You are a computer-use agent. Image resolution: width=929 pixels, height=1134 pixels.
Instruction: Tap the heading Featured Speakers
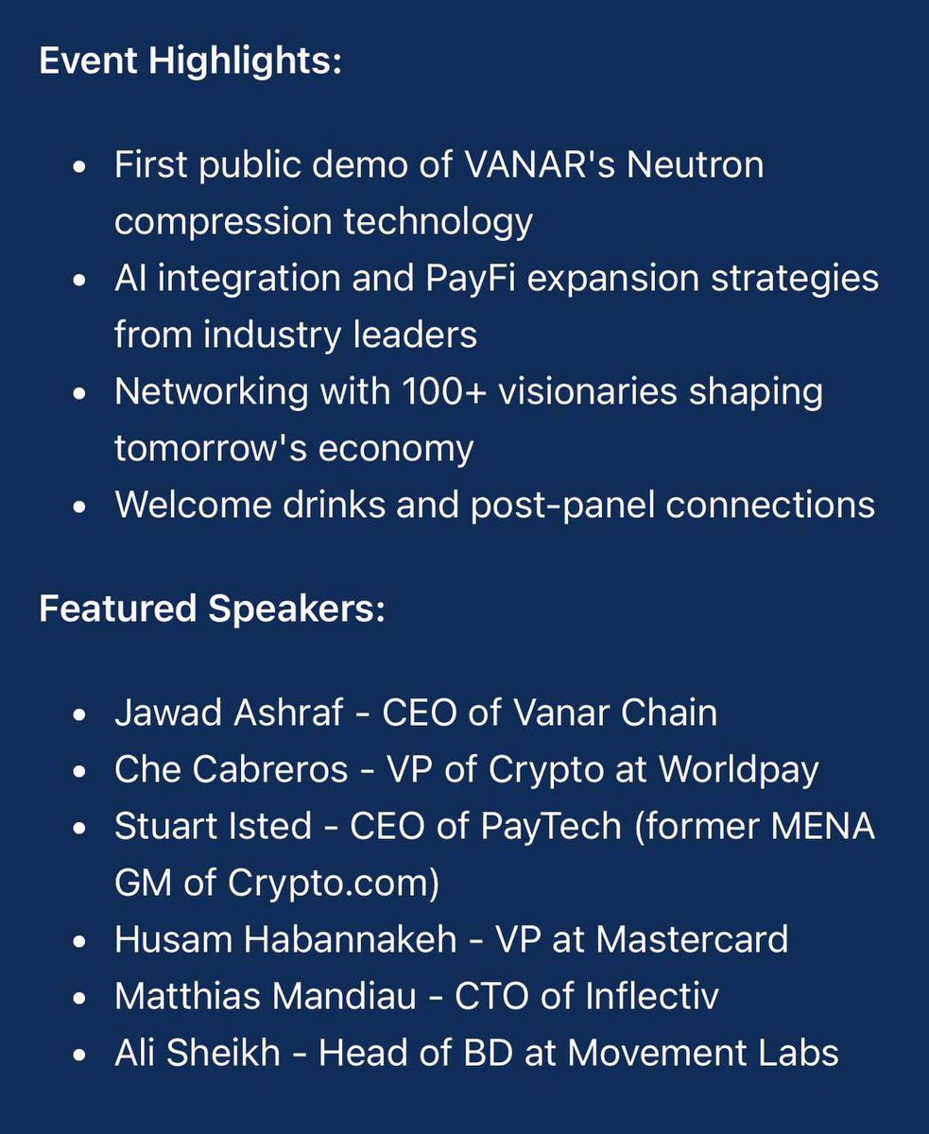tap(212, 609)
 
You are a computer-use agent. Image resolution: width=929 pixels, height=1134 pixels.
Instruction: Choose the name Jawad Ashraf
tap(228, 713)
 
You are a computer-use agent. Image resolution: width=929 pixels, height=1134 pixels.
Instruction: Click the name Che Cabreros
tap(232, 769)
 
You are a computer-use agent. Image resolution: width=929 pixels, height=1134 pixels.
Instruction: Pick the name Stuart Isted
tap(213, 826)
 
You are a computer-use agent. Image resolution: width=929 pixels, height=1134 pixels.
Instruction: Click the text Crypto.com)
tap(334, 883)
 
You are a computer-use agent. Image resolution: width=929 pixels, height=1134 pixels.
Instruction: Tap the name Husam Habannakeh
tap(285, 939)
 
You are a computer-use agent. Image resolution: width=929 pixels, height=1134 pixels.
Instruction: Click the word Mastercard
tap(692, 939)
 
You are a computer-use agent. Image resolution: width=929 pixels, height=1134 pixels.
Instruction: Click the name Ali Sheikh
tap(198, 1053)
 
